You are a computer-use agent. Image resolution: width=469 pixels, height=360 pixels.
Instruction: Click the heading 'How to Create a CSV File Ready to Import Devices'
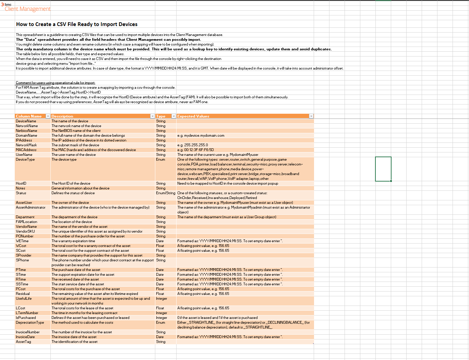coord(77,24)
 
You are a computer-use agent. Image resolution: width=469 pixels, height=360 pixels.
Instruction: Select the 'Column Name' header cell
coord(29,116)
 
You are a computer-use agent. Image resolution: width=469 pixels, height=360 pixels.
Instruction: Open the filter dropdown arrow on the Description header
coord(153,116)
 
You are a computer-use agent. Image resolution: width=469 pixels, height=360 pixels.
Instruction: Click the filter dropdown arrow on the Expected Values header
coord(311,116)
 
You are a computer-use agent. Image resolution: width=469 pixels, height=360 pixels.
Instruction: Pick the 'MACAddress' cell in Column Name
coord(26,150)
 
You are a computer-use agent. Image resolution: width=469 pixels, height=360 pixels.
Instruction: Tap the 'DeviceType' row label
coord(25,160)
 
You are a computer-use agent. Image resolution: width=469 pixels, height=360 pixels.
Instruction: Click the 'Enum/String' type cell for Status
coord(166,193)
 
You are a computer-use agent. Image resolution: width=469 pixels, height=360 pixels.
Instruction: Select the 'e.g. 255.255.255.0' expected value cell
coord(193,145)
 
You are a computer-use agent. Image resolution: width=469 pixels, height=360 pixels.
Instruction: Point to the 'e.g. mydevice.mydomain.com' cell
coord(201,136)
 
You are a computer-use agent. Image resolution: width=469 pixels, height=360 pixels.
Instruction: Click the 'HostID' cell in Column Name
coord(21,184)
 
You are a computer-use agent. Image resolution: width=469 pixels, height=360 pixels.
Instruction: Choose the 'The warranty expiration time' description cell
coord(73,241)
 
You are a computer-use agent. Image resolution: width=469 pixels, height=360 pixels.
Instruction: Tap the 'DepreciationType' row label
coord(30,323)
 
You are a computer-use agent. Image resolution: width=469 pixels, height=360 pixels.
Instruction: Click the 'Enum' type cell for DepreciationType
coord(160,323)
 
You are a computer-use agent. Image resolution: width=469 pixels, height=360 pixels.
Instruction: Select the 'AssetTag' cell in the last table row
coord(23,342)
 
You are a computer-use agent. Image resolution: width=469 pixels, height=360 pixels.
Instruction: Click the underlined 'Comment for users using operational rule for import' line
coord(56,83)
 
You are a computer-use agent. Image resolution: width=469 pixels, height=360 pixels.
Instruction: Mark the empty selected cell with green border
coord(383,169)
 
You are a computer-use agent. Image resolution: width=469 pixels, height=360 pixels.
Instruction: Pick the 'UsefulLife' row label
coord(24,299)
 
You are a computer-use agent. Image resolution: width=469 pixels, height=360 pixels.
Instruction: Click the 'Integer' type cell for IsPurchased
coord(161,318)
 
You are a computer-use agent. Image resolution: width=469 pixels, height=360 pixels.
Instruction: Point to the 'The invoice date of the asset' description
coord(74,337)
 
